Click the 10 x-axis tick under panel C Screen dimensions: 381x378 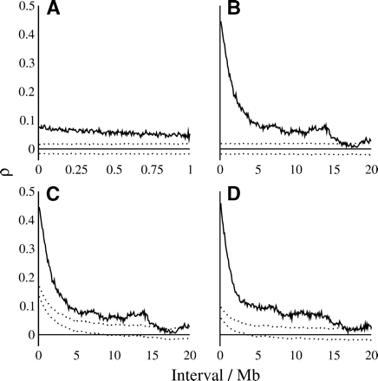[x=114, y=356]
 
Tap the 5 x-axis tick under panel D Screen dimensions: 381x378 [x=258, y=356]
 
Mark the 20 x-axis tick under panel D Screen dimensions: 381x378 [x=370, y=356]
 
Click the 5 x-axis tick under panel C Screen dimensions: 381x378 [x=76, y=356]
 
